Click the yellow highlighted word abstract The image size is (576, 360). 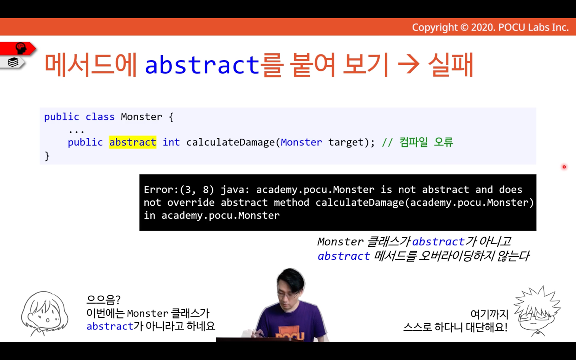tap(133, 142)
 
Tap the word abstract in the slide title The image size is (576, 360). tap(202, 64)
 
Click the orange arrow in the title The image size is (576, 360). tap(409, 64)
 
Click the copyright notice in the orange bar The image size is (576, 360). tap(490, 27)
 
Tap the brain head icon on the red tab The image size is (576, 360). tap(21, 48)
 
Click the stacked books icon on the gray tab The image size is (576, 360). tap(13, 62)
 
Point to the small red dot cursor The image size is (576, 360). tap(564, 167)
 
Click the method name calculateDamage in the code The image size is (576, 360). tap(230, 142)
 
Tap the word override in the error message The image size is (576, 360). tap(191, 203)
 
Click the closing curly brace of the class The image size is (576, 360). tap(47, 156)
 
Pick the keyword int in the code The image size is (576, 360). tap(171, 142)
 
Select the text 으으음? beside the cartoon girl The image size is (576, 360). tap(104, 299)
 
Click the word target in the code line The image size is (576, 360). tap(346, 142)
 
